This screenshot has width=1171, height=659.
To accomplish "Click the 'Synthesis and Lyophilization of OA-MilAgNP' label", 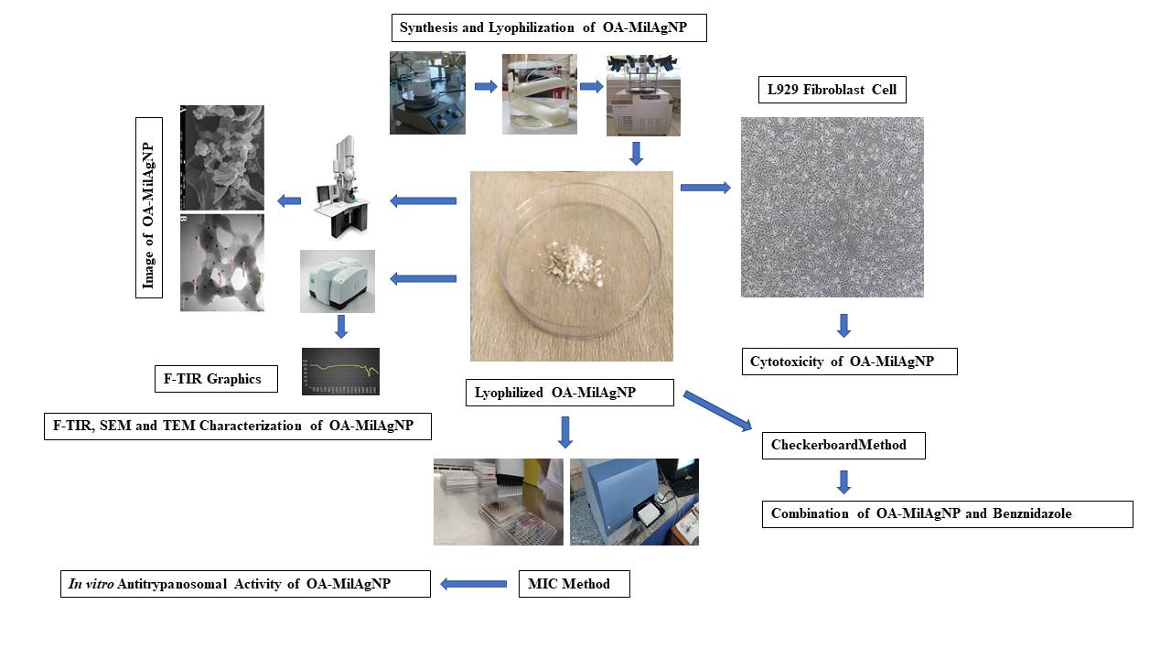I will click(x=551, y=28).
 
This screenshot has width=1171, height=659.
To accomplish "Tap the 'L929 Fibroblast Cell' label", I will click(x=833, y=90).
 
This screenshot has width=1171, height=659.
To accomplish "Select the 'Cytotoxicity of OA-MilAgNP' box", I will click(x=849, y=362).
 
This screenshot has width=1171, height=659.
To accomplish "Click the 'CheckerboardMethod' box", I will click(x=843, y=446).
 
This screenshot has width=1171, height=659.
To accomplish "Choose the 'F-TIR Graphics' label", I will click(x=216, y=379).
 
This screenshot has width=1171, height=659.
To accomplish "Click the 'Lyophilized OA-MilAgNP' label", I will click(x=570, y=394).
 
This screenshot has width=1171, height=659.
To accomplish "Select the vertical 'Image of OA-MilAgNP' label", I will click(x=148, y=207).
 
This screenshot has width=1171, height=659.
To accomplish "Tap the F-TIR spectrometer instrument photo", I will click(x=337, y=281).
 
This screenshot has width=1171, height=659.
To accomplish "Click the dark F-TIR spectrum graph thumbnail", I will click(x=340, y=372).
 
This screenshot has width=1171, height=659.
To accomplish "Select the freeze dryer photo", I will click(x=643, y=94).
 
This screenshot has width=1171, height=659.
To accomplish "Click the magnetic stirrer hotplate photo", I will click(x=427, y=93).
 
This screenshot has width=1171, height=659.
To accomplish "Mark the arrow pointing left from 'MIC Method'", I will click(x=474, y=584).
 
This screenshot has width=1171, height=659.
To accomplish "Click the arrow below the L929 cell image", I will click(x=844, y=325).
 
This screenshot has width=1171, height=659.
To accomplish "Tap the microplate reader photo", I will click(x=634, y=502).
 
